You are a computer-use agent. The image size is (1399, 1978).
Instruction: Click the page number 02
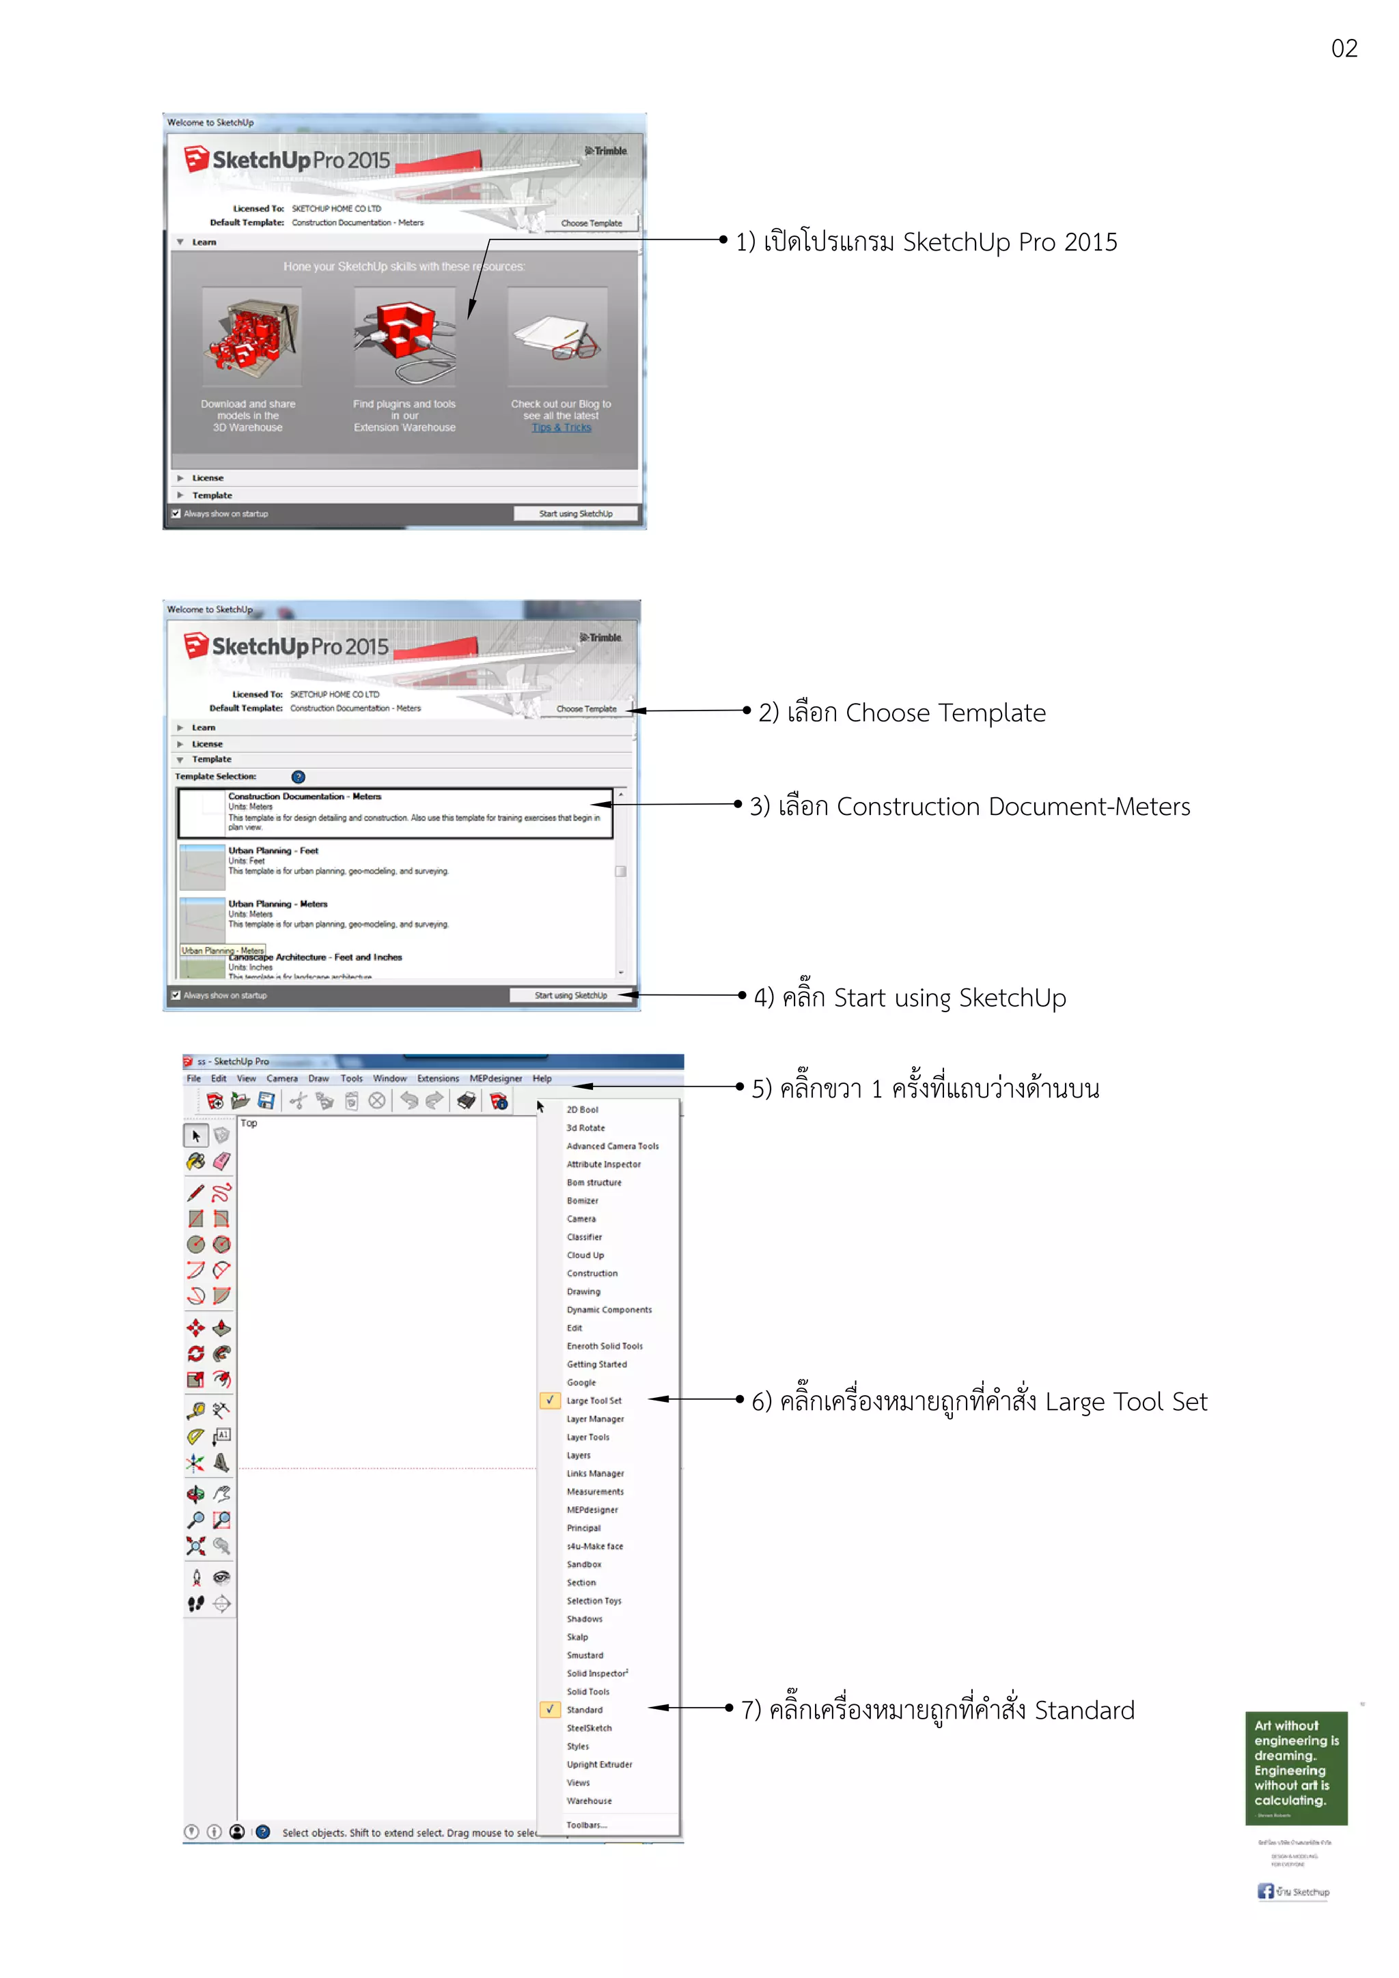click(1343, 48)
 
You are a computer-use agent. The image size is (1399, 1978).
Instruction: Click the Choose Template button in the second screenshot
click(586, 709)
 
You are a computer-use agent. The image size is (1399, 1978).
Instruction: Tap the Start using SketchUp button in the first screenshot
click(576, 513)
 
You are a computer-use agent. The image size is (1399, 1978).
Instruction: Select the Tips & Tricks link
click(561, 427)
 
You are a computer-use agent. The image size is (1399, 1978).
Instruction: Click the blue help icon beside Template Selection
click(299, 776)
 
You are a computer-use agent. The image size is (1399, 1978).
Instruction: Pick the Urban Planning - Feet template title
click(273, 850)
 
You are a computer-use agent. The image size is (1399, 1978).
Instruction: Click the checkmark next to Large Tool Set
click(549, 1400)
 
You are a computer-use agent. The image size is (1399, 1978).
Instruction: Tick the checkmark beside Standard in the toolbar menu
click(549, 1709)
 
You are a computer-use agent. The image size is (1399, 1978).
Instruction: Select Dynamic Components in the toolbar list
click(609, 1310)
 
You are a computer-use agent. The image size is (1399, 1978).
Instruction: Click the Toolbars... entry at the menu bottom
click(586, 1824)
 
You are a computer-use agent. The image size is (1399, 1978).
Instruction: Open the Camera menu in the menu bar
click(282, 1078)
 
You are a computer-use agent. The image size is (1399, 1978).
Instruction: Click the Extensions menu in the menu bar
click(438, 1078)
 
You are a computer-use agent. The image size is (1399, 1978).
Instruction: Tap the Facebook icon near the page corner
click(1264, 1891)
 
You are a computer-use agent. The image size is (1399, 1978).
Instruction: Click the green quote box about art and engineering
click(1296, 1768)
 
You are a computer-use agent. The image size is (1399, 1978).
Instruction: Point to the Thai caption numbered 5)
click(925, 1088)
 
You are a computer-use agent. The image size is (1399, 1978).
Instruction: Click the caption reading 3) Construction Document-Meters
click(970, 806)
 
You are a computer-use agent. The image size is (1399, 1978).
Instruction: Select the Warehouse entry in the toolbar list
click(589, 1801)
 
